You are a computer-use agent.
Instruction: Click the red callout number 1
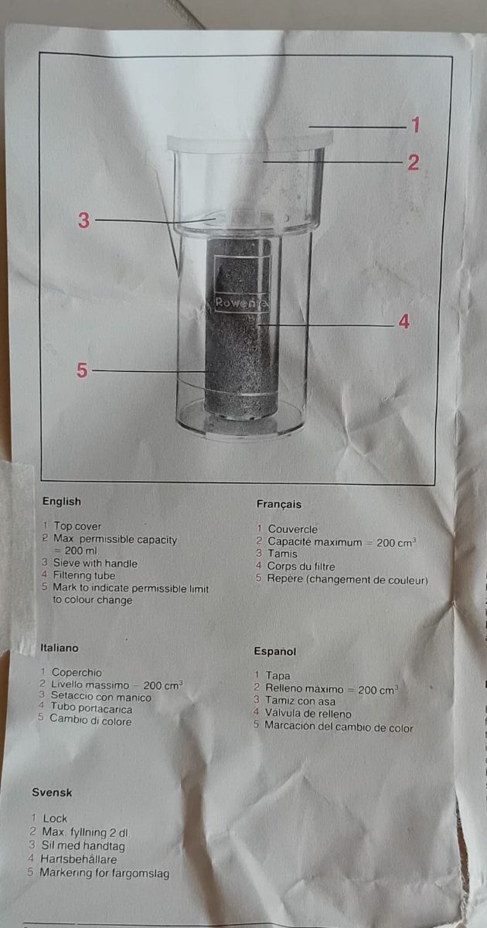(415, 125)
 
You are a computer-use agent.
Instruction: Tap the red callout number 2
(414, 162)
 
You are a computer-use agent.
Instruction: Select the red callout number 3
(83, 220)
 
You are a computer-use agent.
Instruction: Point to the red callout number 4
(404, 321)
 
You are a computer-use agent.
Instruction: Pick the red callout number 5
(82, 370)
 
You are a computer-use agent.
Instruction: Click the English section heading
(62, 501)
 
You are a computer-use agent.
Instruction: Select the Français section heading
(278, 503)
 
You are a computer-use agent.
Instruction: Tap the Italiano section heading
(59, 648)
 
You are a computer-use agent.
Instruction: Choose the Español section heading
(275, 651)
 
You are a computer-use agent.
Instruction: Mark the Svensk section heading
(52, 792)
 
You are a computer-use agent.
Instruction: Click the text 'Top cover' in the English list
(77, 527)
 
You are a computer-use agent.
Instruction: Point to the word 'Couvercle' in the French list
(293, 529)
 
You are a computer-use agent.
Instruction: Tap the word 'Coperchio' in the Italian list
(77, 673)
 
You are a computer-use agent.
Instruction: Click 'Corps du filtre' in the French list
(301, 567)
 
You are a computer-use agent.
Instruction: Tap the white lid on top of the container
(249, 142)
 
